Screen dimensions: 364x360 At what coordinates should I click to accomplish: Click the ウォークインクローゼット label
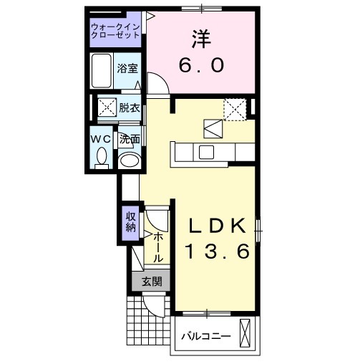[x=115, y=32]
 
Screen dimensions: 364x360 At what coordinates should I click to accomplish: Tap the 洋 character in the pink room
[x=200, y=37]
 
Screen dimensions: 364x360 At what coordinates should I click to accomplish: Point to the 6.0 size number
[x=200, y=64]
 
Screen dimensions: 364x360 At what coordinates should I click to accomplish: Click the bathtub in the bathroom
[x=102, y=70]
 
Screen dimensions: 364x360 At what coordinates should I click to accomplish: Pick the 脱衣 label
[x=129, y=107]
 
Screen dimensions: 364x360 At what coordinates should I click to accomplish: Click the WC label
[x=99, y=138]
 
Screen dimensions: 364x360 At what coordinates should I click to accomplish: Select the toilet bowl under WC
[x=100, y=155]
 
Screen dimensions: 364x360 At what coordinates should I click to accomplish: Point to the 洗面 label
[x=129, y=139]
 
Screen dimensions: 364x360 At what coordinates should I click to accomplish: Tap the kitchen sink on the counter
[x=207, y=151]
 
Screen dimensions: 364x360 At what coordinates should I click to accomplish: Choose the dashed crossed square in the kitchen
[x=234, y=109]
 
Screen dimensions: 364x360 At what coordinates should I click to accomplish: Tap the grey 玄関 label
[x=150, y=282]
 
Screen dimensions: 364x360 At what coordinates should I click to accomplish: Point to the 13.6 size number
[x=218, y=252]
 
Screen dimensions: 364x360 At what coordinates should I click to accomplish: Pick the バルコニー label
[x=205, y=335]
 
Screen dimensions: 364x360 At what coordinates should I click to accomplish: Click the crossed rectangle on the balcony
[x=247, y=335]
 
